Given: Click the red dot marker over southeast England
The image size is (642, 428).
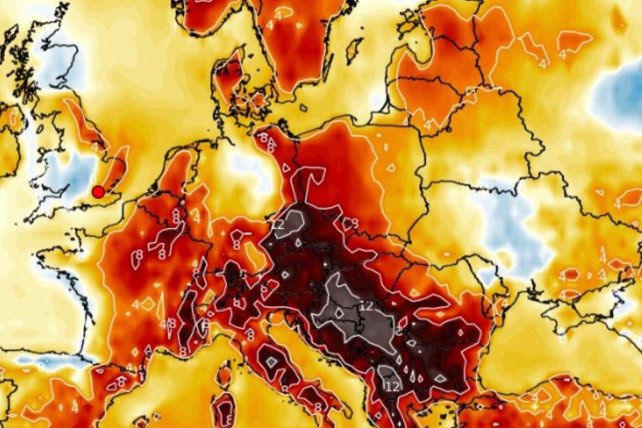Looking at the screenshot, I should click(x=98, y=192).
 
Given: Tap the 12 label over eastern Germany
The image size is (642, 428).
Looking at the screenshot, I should click(x=279, y=225).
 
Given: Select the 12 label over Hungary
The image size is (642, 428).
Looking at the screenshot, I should click(x=366, y=306).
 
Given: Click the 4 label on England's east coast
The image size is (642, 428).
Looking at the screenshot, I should click(x=94, y=146).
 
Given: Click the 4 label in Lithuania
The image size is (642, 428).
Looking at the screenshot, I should click(x=427, y=125).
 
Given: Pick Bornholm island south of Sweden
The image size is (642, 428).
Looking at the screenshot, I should click(x=303, y=107).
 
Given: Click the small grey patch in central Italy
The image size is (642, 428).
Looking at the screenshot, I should click(x=271, y=362).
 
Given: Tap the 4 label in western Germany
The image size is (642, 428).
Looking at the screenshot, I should click(x=197, y=218).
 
